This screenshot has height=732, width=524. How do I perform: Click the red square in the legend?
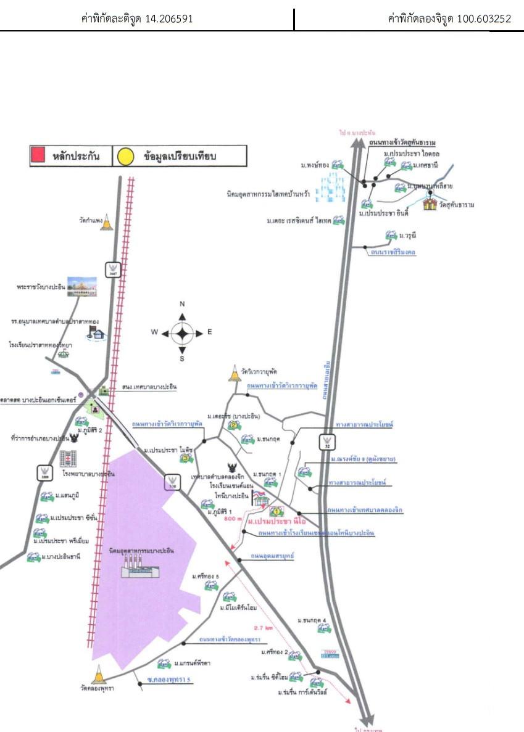point(38,155)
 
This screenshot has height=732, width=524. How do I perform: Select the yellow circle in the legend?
point(125,157)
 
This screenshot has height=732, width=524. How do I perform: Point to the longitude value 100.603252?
point(483,19)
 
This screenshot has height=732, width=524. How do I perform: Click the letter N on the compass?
point(182,304)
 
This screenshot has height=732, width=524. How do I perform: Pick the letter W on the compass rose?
point(155,332)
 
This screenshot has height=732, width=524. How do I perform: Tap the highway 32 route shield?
point(326,442)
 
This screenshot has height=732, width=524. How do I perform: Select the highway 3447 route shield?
point(112,269)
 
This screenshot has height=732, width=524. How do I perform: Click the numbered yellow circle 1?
point(276,511)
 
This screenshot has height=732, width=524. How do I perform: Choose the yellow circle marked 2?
point(232,425)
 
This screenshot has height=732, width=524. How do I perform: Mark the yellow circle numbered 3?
point(184,458)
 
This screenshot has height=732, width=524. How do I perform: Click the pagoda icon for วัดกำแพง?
point(108,222)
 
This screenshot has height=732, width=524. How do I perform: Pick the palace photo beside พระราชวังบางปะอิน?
point(82,286)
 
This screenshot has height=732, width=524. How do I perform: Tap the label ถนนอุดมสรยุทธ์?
point(272,556)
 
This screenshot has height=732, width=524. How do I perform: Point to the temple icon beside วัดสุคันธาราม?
point(430,204)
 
